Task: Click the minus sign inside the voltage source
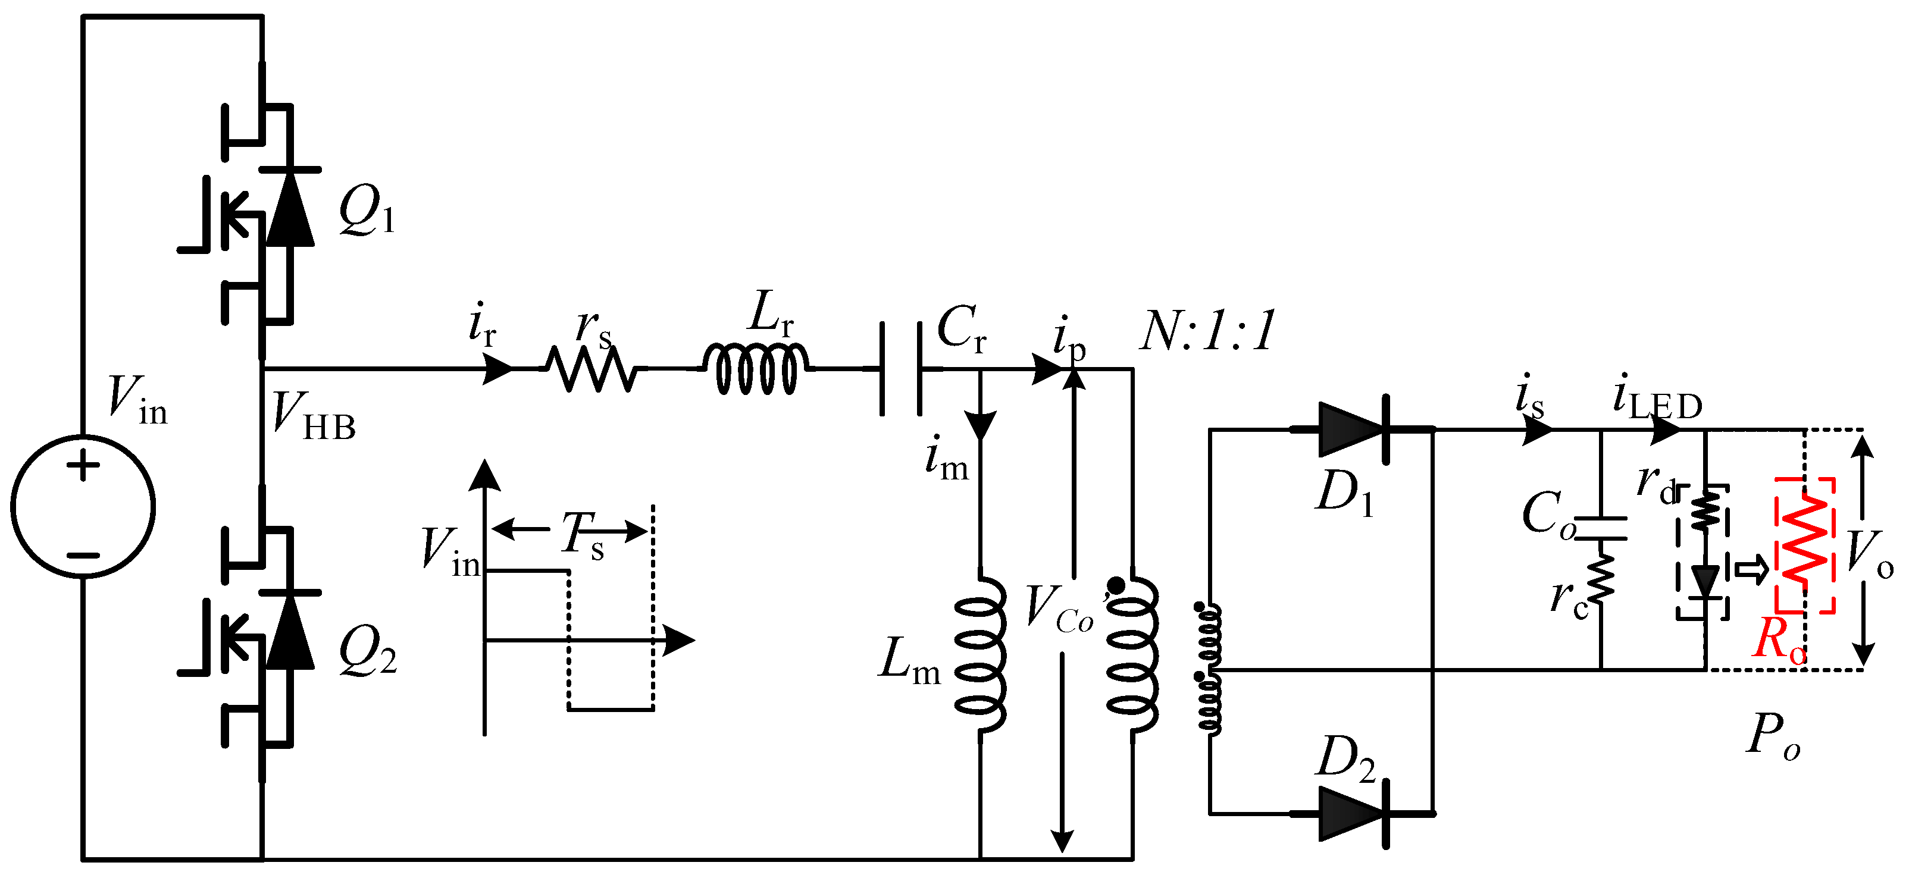[83, 555]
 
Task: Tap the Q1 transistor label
[366, 212]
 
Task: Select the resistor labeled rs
[591, 368]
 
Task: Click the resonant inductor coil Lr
[756, 368]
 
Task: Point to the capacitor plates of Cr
[900, 368]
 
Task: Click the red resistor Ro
[1804, 546]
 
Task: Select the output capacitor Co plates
[1601, 528]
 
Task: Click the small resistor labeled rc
[1601, 576]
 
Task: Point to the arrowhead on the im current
[981, 425]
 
